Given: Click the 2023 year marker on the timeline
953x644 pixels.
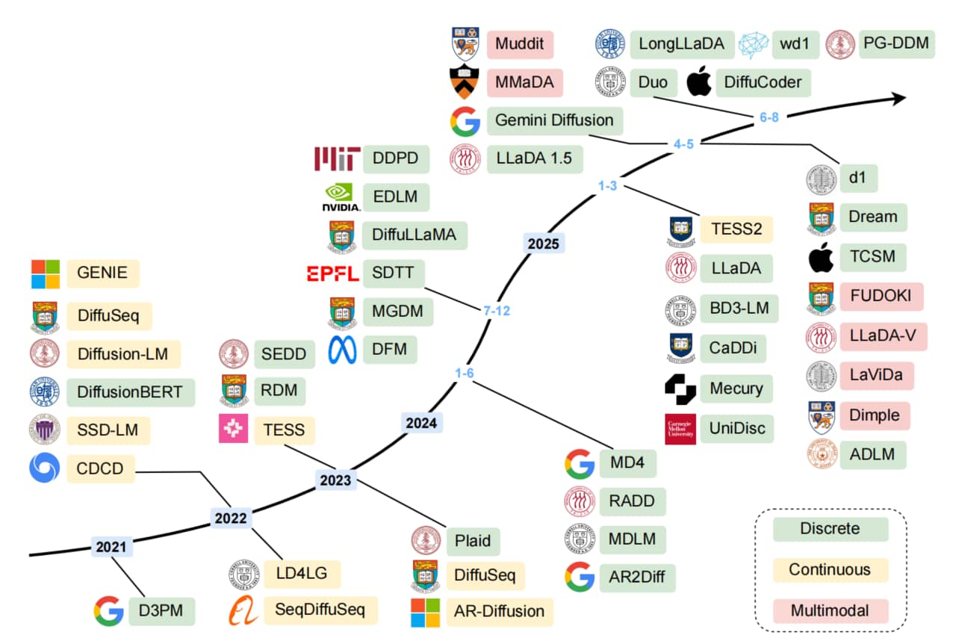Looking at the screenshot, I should tap(335, 480).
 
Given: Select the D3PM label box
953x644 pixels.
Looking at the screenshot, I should tap(161, 611).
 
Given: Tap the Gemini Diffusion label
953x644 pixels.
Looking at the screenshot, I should tap(554, 120).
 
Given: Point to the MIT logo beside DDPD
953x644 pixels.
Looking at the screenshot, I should tap(337, 158).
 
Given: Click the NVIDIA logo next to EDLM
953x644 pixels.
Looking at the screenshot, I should tap(341, 198).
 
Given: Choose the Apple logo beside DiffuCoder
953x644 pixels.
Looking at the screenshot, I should tap(698, 81).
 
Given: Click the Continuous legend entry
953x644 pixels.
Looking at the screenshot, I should tap(830, 569).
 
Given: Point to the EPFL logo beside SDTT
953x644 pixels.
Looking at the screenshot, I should tap(332, 273).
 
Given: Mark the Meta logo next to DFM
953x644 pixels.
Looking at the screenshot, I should tap(342, 350).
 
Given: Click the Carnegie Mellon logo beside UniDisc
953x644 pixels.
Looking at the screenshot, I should tap(680, 429).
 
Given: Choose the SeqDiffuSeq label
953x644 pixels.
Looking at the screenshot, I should tap(320, 610).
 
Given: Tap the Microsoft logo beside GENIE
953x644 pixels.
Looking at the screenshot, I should tap(45, 273).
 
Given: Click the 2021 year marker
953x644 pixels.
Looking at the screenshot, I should tap(113, 547).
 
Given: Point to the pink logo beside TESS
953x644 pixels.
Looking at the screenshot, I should tap(233, 430).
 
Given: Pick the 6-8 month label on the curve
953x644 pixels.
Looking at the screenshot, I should tap(768, 116).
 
